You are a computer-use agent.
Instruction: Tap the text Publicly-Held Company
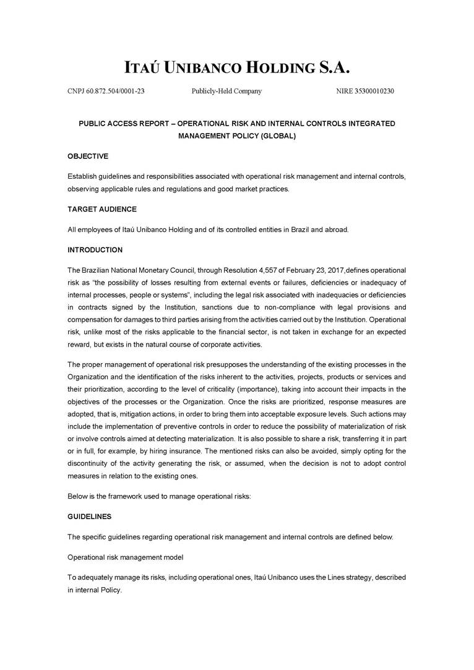pyautogui.click(x=226, y=92)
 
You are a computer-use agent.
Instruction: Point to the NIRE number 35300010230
pyautogui.click(x=365, y=92)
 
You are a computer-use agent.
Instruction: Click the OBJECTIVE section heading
pyautogui.click(x=88, y=157)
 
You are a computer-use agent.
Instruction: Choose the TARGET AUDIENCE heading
pyautogui.click(x=102, y=209)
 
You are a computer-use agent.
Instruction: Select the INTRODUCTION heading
pyautogui.click(x=95, y=250)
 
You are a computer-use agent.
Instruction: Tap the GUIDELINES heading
pyautogui.click(x=89, y=516)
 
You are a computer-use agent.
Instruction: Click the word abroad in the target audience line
pyautogui.click(x=337, y=230)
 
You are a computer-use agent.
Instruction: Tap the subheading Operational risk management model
pyautogui.click(x=126, y=557)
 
